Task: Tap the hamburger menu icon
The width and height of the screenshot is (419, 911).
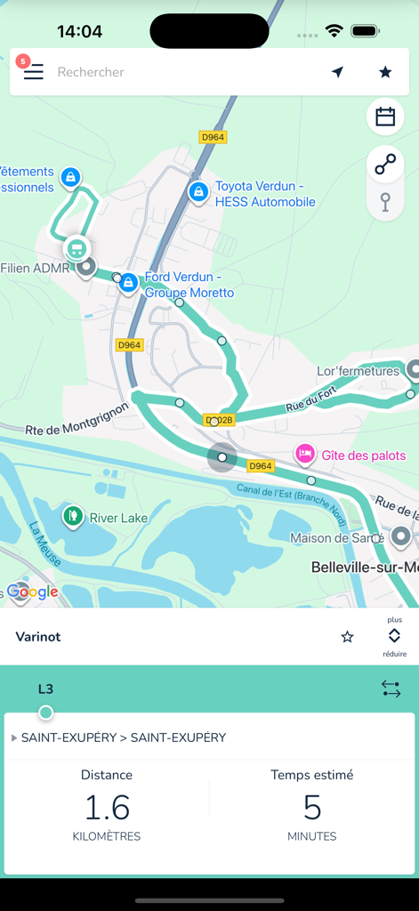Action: [x=34, y=72]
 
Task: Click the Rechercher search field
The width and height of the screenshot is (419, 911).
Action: [x=178, y=72]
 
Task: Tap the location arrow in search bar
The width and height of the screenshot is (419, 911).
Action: [x=338, y=72]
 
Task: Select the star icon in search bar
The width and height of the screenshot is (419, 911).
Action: [x=385, y=72]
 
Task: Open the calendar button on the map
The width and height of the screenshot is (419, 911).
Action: [x=385, y=117]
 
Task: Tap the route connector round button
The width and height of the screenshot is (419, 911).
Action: [x=385, y=165]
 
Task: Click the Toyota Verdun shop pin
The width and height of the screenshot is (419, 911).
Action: [x=198, y=190]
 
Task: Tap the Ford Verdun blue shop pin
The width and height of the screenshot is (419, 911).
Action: [x=129, y=283]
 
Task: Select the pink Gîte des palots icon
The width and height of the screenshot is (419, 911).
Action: [x=305, y=455]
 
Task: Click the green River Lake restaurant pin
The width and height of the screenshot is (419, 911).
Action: [x=72, y=515]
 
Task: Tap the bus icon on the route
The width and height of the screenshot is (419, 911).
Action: [x=77, y=248]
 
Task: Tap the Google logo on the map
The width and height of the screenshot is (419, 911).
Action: [x=33, y=592]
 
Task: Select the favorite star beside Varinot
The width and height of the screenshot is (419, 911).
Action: [x=348, y=637]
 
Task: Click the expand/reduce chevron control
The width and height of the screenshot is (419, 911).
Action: [x=394, y=636]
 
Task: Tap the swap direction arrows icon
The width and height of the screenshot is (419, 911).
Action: [x=391, y=689]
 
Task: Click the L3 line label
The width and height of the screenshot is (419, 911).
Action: [x=45, y=689]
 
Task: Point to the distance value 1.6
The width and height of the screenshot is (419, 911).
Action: [x=107, y=808]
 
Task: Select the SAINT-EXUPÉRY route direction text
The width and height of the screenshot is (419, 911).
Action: [x=124, y=738]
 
